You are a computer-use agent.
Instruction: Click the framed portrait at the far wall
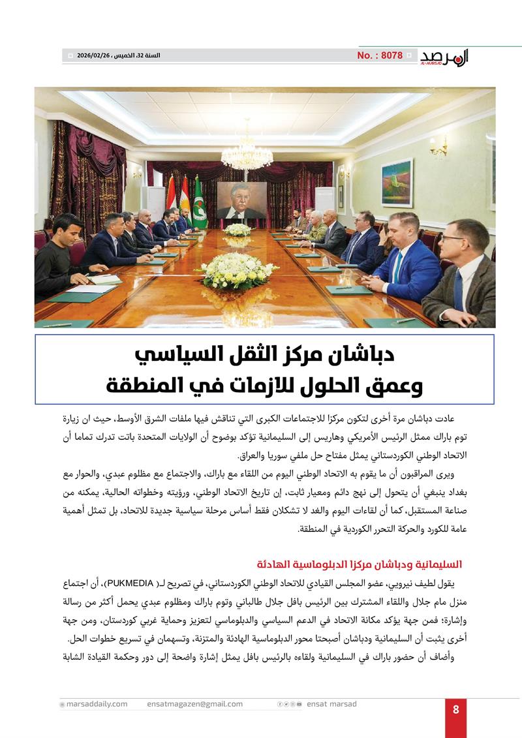241,200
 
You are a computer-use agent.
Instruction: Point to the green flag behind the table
199,204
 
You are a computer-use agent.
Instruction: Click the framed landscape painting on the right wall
397,183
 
